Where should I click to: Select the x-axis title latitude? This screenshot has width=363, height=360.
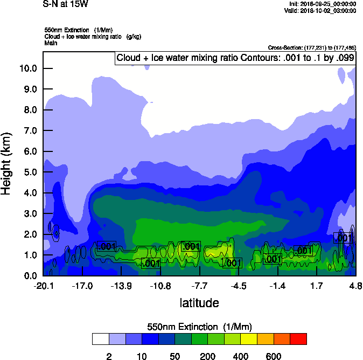pos(199,303)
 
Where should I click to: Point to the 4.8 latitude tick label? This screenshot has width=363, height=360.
pos(354,286)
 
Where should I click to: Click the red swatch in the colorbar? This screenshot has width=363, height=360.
pos(298,339)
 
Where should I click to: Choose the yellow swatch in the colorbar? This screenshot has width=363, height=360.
pos(249,339)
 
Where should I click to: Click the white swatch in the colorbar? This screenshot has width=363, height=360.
pos(100,339)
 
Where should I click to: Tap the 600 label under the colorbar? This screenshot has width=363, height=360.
pos(274,356)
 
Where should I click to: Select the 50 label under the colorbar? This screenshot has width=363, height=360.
pos(174,356)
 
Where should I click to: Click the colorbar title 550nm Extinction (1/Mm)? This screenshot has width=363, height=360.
pos(199,327)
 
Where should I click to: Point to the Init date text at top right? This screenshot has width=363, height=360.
pos(323,4)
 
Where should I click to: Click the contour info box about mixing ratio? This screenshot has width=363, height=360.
pos(235,58)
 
